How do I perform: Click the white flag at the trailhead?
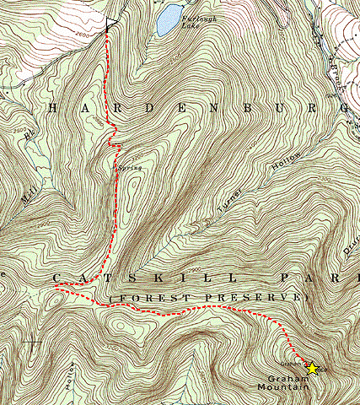click(112, 24)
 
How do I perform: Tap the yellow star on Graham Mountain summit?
click(312, 368)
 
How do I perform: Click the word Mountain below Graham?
click(290, 387)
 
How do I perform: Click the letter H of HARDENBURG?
click(57, 108)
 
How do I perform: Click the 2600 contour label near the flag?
click(83, 35)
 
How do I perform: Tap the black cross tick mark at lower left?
click(34, 344)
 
